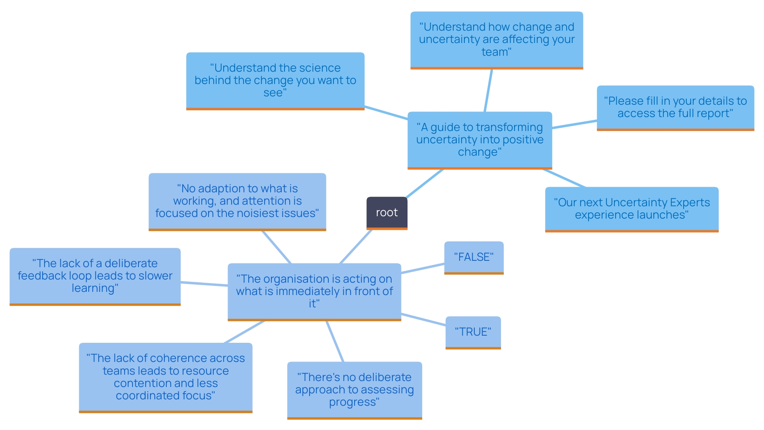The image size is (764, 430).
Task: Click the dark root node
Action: point(387,213)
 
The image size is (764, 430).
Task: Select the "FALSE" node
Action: point(474,257)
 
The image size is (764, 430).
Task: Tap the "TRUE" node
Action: point(473,332)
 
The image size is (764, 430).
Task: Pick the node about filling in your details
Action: point(675,107)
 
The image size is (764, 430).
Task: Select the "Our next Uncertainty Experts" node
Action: point(631,209)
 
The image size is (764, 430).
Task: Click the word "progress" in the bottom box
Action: point(352,402)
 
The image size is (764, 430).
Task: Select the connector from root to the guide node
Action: point(424,184)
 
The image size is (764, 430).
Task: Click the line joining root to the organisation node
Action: point(356,247)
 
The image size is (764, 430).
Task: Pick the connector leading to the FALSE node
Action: point(423,268)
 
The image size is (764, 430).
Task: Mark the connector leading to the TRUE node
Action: point(423,320)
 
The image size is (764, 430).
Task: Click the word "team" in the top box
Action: point(494,52)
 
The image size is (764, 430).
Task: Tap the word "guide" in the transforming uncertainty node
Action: point(445,127)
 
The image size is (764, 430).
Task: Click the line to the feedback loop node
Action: point(204,284)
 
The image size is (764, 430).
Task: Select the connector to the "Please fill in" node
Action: point(574,124)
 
